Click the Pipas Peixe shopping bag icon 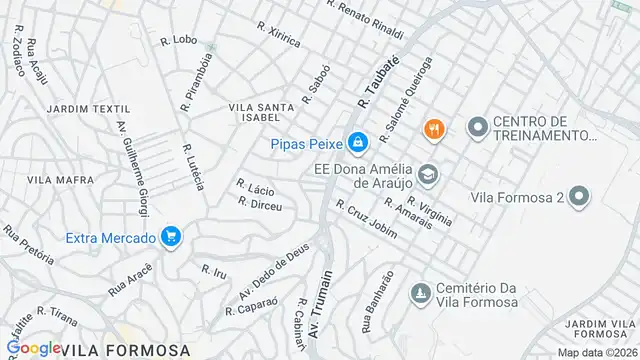(356, 142)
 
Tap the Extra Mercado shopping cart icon (171, 237)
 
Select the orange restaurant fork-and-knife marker (433, 127)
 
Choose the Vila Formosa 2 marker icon (578, 198)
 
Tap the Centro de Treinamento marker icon (476, 127)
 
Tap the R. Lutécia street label (193, 167)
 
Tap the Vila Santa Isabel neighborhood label (261, 110)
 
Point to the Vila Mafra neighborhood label (52, 180)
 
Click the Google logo (33, 349)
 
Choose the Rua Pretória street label (28, 244)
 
